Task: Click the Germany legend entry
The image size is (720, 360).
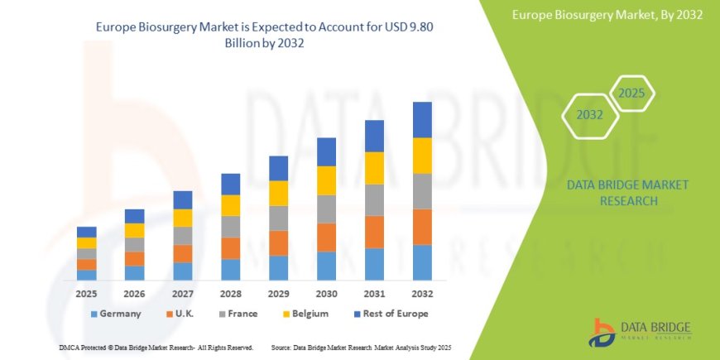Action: (116, 314)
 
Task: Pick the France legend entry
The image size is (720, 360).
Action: (238, 314)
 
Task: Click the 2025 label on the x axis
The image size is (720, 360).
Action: (87, 294)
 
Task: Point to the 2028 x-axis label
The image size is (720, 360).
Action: (231, 294)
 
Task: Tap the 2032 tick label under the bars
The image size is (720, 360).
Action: (422, 294)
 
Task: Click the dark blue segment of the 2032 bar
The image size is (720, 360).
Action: (422, 119)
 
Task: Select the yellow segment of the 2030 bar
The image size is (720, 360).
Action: (326, 180)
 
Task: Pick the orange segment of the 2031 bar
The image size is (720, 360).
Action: (374, 232)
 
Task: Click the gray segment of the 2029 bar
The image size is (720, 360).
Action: (278, 218)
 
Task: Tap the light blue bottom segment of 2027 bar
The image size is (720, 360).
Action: (183, 271)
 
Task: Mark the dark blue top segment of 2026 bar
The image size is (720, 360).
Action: (135, 216)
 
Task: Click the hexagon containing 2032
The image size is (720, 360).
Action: (590, 115)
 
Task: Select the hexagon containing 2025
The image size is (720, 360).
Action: (631, 94)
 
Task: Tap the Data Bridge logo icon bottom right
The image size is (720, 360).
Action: (602, 332)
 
